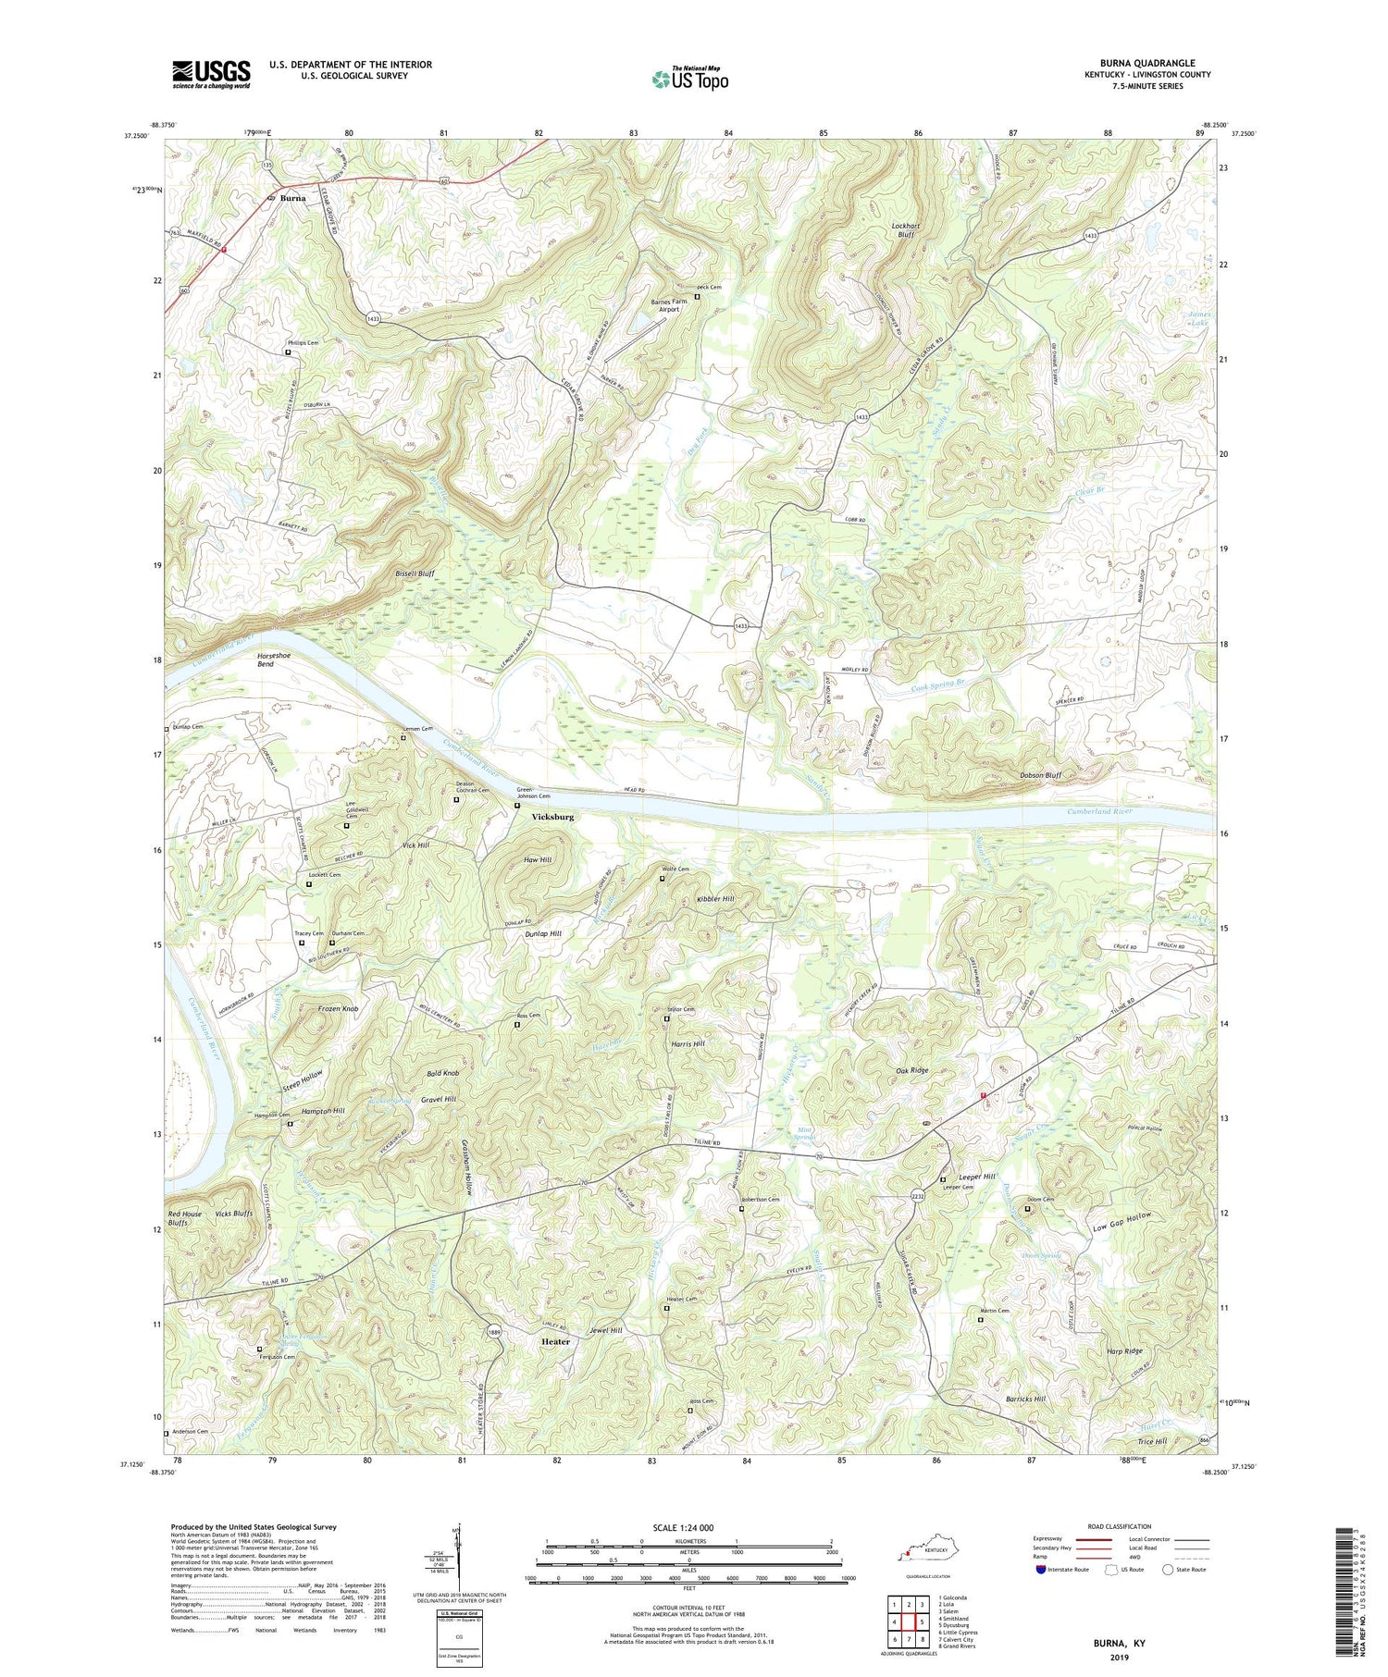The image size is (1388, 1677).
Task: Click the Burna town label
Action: tap(293, 198)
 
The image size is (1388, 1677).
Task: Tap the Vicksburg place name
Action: tap(552, 818)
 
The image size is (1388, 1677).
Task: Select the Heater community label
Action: tap(555, 1341)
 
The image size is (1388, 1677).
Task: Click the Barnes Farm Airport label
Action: tap(663, 304)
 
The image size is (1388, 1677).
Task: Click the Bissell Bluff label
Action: tap(415, 573)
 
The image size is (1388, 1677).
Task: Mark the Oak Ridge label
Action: tap(911, 1070)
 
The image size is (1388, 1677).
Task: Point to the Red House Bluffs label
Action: tap(185, 1218)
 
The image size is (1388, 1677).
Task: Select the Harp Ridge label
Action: tap(1124, 1351)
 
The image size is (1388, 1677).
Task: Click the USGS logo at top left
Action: tap(211, 74)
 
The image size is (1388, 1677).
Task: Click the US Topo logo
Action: tap(690, 80)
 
